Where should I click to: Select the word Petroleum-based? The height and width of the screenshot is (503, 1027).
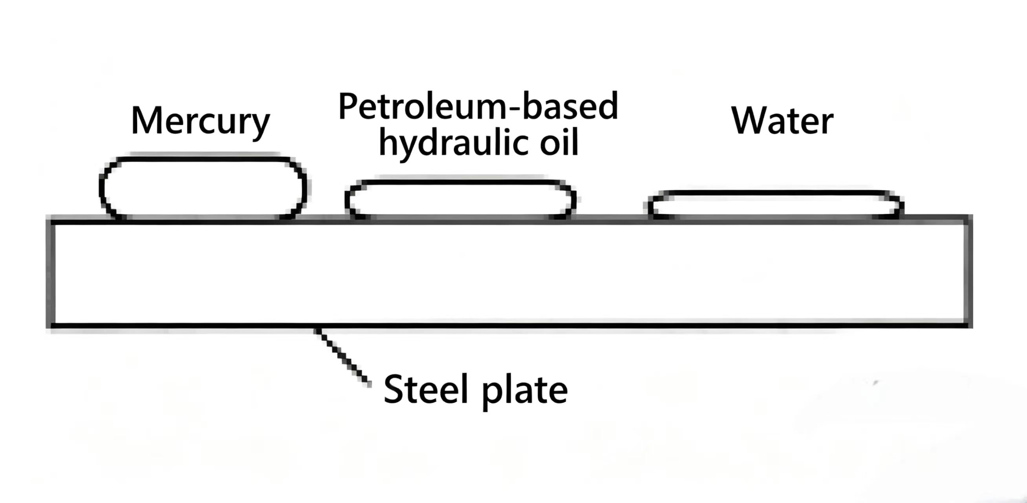pos(478,106)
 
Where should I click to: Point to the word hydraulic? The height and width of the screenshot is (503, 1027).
pos(454,142)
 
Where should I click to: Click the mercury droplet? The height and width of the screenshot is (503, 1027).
pos(203,188)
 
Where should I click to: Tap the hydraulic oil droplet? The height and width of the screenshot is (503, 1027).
pos(460,199)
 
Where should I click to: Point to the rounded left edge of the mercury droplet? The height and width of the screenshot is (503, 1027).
pos(102,187)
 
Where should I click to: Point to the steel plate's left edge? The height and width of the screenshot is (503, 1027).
pos(51,273)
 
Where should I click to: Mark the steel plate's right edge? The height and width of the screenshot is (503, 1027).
pos(968,273)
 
